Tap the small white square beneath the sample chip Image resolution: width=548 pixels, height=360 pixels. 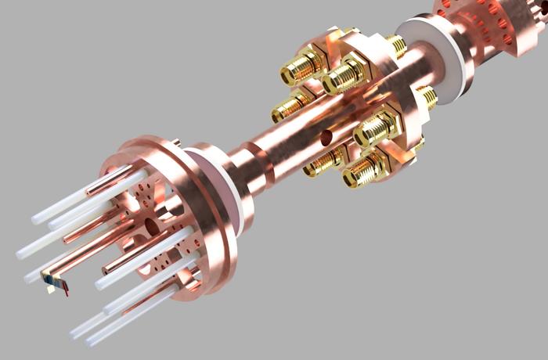51,289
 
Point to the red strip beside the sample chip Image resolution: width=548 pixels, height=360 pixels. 66,290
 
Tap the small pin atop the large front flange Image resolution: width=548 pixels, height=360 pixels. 175,142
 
